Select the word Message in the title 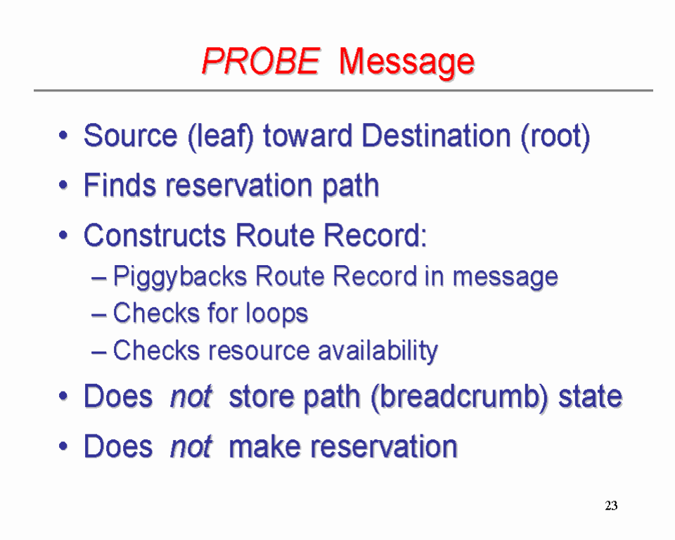point(406,63)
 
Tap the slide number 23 point(611,505)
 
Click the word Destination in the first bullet point(437,136)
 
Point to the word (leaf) point(221,137)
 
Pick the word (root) point(555,137)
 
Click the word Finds point(120,185)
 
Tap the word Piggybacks point(180,277)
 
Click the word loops point(277,314)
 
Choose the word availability point(378,351)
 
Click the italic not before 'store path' point(191,397)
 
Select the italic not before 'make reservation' point(191,446)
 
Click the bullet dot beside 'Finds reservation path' point(63,186)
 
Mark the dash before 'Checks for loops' point(98,315)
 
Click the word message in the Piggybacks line point(506,278)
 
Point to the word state point(590,397)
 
